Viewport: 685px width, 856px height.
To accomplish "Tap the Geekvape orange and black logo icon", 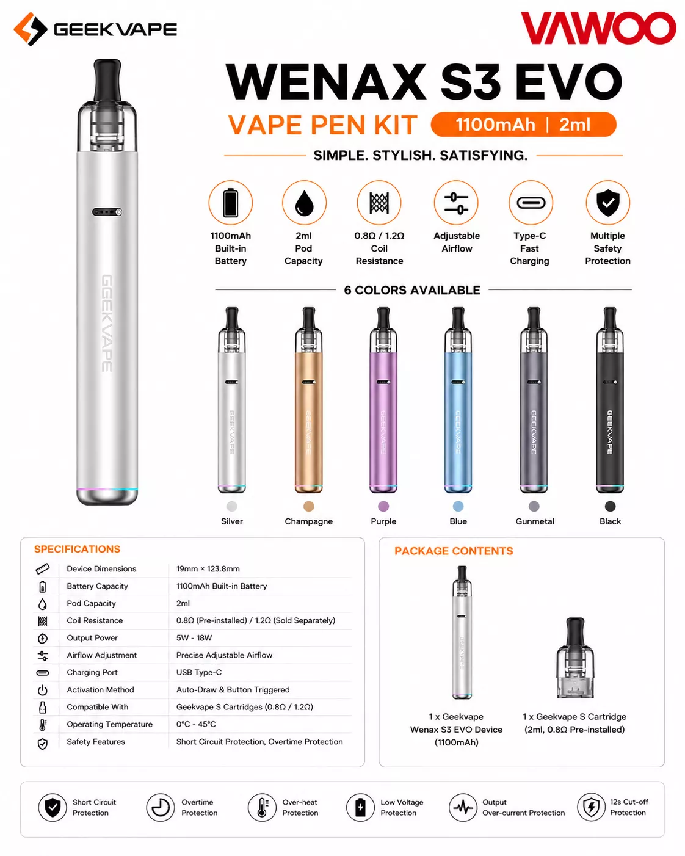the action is (31, 29).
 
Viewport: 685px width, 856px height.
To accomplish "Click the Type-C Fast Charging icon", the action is (531, 203).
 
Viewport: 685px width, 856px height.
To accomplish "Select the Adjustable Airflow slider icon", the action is (456, 203).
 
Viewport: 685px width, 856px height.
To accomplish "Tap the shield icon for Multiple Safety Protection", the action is (607, 203).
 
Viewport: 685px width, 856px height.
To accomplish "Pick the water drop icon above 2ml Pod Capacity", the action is (304, 203).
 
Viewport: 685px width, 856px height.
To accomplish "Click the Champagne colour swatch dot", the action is (309, 506).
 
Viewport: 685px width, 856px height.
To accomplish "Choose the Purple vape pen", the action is (383, 400).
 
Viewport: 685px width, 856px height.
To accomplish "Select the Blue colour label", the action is (458, 521).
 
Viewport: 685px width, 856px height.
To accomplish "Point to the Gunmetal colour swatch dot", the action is (534, 506).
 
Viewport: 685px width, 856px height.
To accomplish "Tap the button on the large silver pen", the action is (107, 212).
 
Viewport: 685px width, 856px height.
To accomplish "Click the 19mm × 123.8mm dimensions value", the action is (208, 569).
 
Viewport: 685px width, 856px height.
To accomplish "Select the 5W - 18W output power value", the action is (194, 637).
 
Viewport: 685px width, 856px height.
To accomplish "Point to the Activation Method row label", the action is (100, 689).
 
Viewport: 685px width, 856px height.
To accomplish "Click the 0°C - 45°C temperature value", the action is (196, 724).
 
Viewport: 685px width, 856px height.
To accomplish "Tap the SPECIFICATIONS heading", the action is (77, 549).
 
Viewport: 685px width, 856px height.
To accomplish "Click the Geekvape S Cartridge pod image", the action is (575, 658).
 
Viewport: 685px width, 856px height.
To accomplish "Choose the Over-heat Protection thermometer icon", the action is (262, 808).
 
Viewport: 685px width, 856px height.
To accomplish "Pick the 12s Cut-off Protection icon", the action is (591, 807).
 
